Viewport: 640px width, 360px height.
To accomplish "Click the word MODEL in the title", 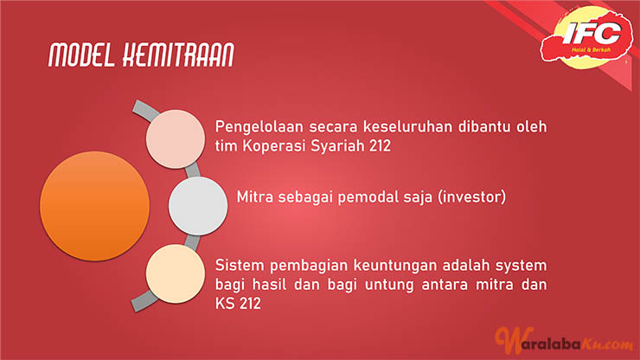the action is [81, 55].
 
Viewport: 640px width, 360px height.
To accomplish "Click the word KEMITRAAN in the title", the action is [178, 55].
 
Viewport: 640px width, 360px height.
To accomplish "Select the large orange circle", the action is [94, 206].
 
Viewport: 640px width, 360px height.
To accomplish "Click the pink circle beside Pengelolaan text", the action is [176, 139].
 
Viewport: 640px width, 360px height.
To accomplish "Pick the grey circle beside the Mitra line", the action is [198, 206].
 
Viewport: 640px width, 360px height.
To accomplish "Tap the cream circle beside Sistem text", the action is [176, 273].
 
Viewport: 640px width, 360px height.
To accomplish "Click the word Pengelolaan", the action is [259, 127].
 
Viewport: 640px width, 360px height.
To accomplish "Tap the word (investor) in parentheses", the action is [472, 197].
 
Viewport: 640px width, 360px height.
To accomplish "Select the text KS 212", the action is [238, 304].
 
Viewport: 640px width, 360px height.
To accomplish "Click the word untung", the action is [389, 285].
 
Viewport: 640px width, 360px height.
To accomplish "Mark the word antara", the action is [445, 285].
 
